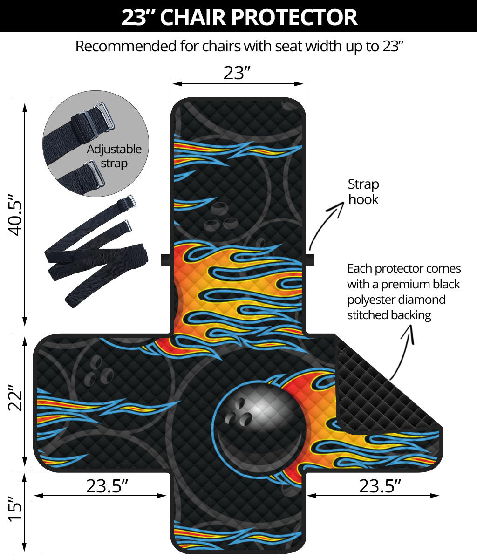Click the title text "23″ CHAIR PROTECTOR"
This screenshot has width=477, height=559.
click(239, 17)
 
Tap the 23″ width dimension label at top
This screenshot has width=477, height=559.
click(237, 73)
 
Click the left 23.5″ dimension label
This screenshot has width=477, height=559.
click(107, 486)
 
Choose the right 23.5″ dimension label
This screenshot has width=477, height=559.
click(380, 486)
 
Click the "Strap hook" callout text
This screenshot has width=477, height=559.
click(363, 191)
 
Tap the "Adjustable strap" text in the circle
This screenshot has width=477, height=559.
click(114, 156)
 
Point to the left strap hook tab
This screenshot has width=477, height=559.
click(166, 259)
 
